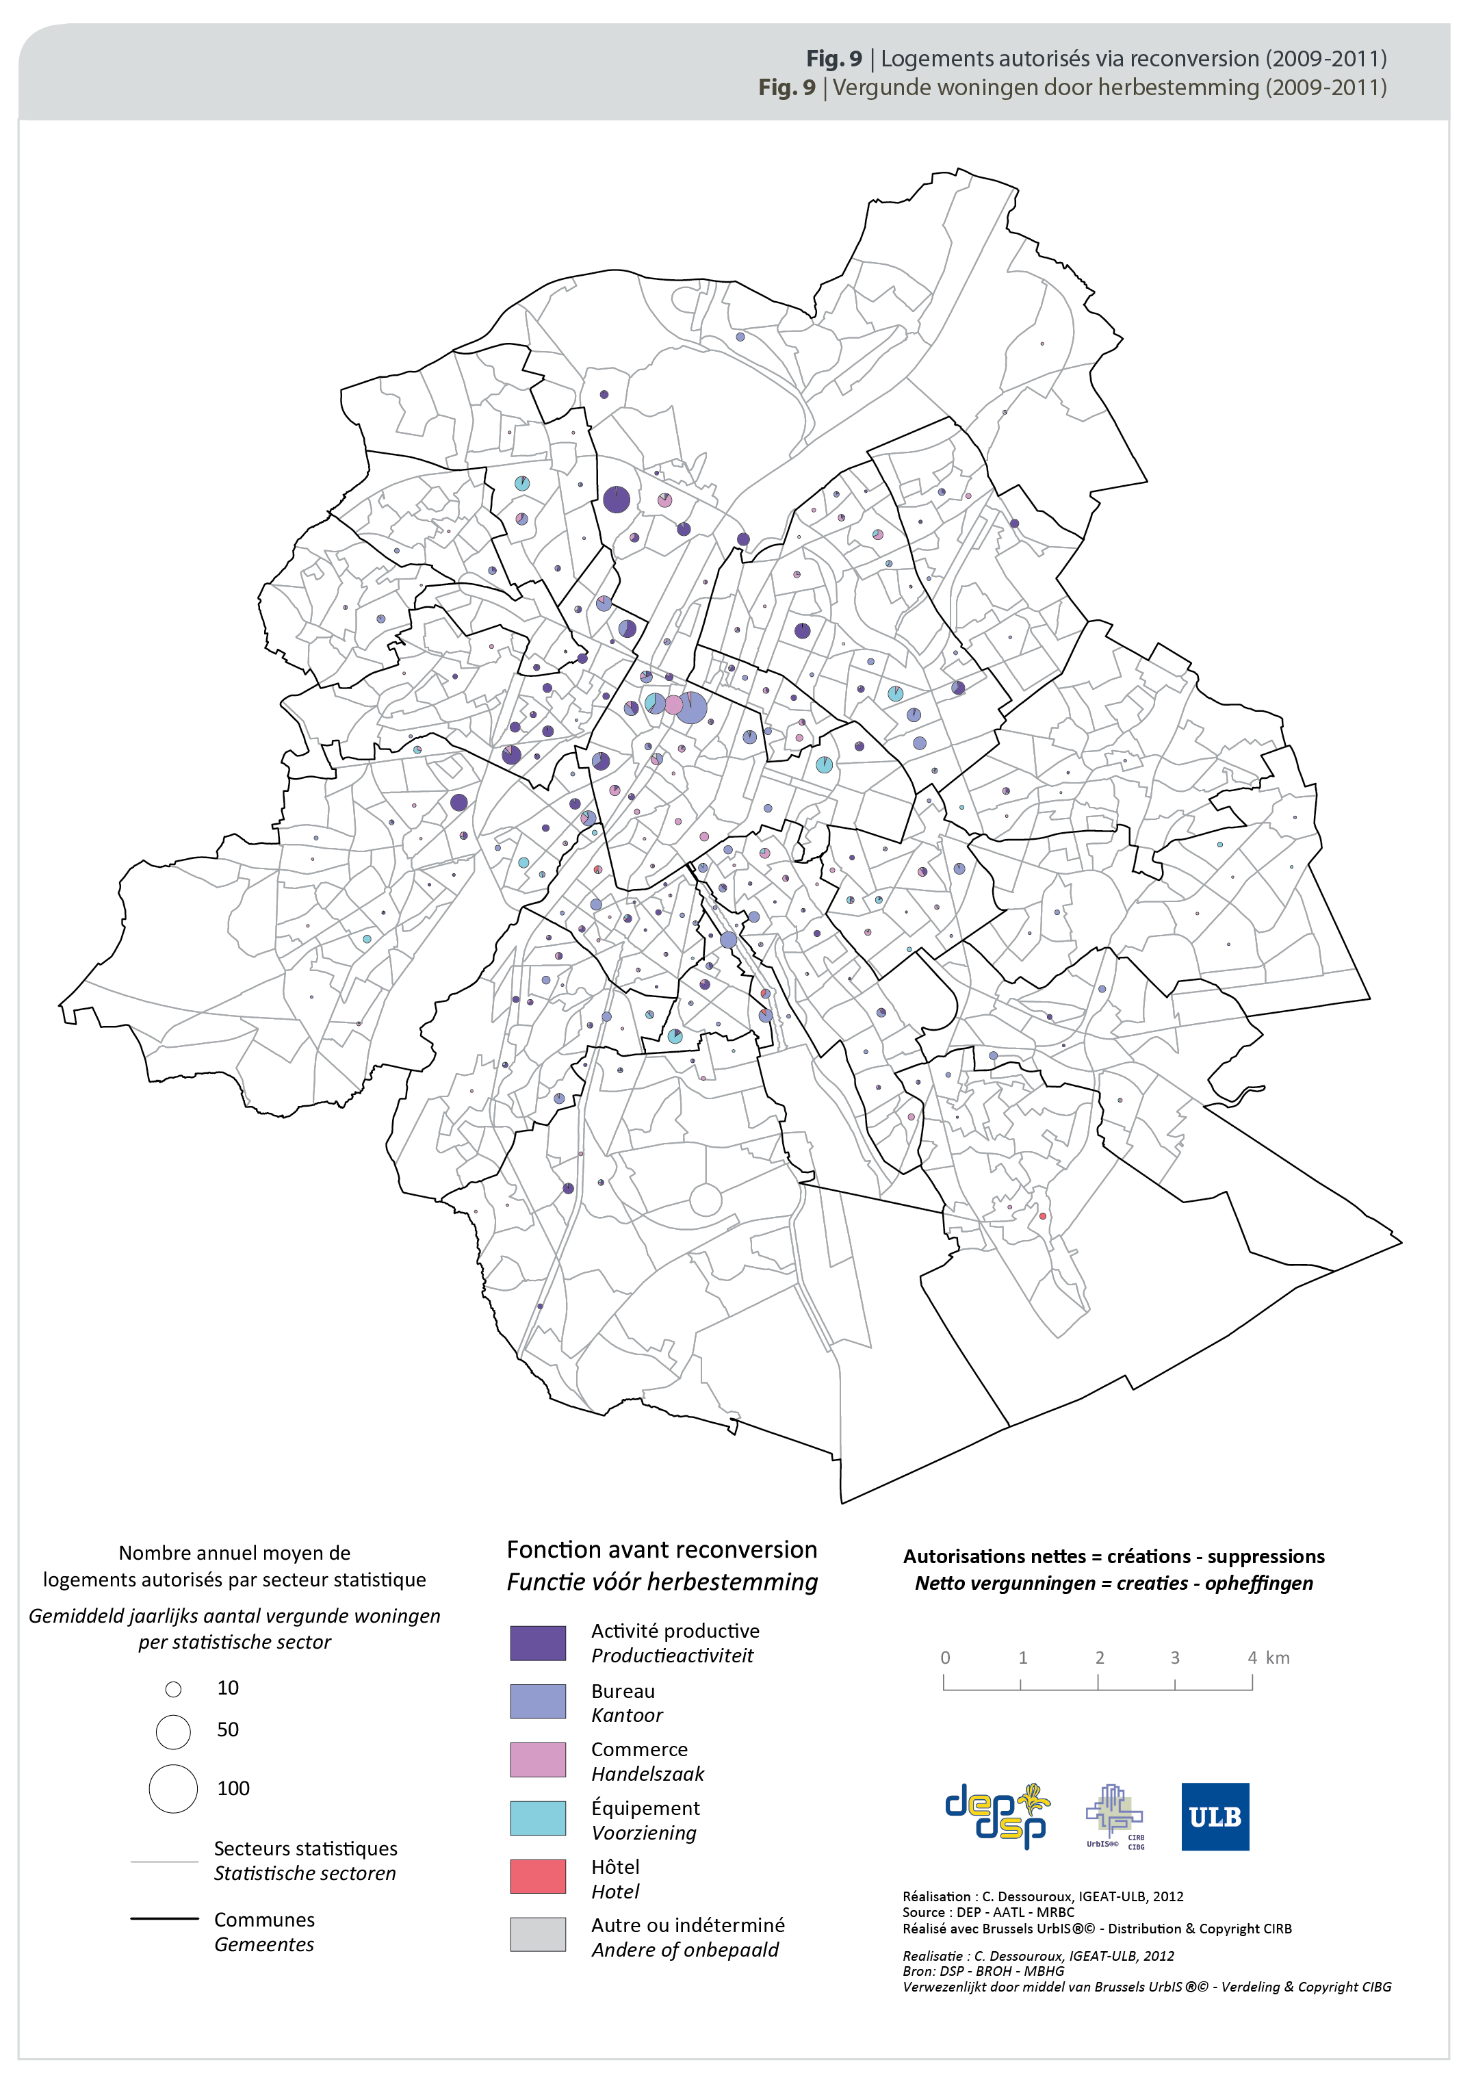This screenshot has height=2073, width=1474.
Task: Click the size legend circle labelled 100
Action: click(x=173, y=1789)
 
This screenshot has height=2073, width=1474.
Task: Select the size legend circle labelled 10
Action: click(x=173, y=1689)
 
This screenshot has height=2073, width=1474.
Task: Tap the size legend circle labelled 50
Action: click(x=173, y=1731)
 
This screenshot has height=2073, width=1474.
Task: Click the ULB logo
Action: click(x=1215, y=1817)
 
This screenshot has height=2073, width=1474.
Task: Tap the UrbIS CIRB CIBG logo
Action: click(x=1115, y=1816)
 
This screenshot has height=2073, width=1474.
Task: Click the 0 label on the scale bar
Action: click(x=945, y=1658)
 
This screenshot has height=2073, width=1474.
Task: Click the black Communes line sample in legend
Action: click(x=164, y=1919)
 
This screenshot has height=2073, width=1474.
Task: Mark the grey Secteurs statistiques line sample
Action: click(x=164, y=1862)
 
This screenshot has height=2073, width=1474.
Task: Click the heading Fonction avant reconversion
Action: click(x=662, y=1550)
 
